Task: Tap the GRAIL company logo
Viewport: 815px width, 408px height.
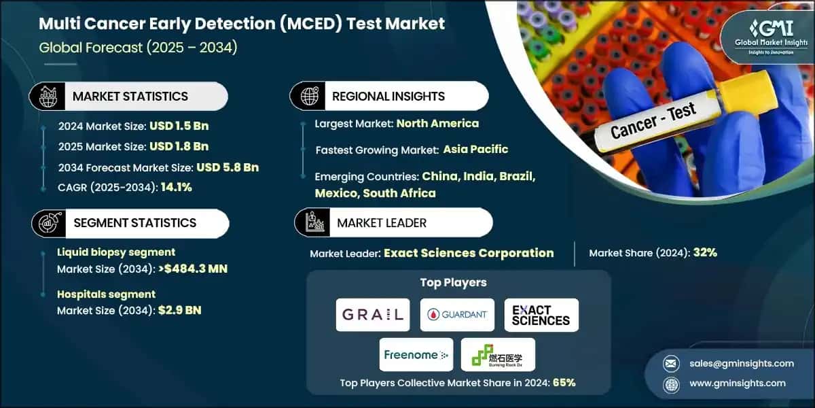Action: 373,315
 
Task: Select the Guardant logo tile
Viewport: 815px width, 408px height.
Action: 456,315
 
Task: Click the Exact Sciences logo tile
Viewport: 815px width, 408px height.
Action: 541,315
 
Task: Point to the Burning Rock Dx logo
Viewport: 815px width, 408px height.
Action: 498,354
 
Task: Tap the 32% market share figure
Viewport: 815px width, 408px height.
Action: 704,253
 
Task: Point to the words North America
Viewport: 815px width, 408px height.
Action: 437,123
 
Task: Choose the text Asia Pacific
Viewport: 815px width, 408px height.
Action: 475,149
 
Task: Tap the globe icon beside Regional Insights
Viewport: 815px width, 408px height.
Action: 309,97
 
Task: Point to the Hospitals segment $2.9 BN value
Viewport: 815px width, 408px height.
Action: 179,310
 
